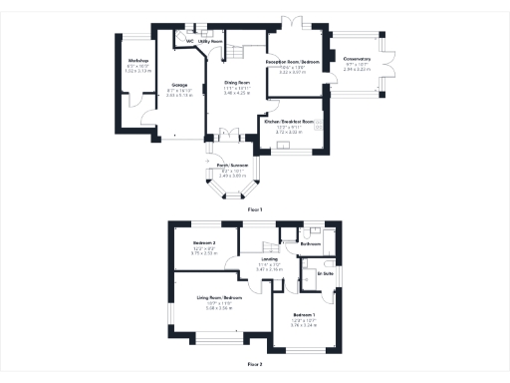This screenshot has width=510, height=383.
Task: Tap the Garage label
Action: [180, 85]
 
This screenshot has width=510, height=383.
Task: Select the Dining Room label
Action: [236, 83]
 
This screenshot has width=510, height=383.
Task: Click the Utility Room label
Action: [195, 42]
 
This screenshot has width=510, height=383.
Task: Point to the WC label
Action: [176, 42]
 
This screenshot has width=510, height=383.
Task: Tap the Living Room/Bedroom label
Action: [218, 297]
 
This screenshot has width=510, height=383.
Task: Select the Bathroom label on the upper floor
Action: [310, 242]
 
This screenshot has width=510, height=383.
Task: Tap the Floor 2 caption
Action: [254, 365]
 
